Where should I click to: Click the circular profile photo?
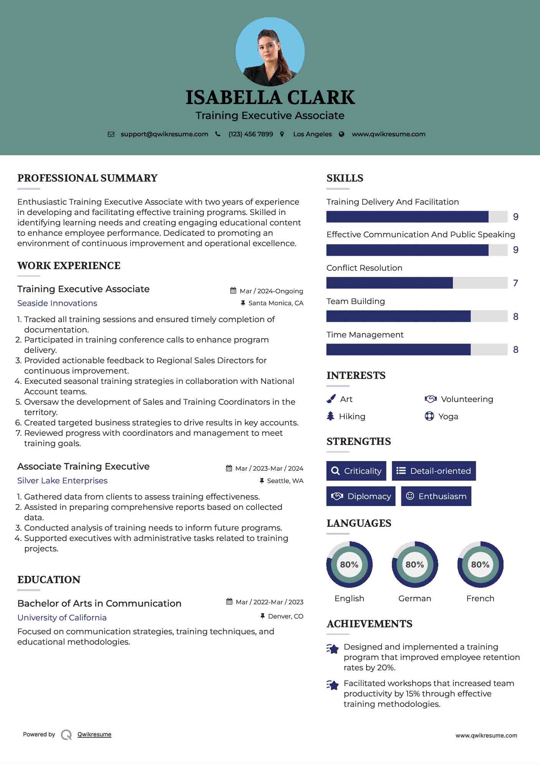[x=270, y=52]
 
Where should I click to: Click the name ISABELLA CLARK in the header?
[x=270, y=98]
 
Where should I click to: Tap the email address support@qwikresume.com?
[x=164, y=134]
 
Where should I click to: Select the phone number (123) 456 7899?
[x=251, y=134]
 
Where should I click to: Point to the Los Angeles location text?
[x=312, y=134]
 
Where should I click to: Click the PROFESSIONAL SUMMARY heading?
[x=88, y=178]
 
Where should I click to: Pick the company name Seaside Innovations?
[x=57, y=303]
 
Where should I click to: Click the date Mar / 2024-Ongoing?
[x=271, y=291]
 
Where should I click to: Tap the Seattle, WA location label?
[x=285, y=481]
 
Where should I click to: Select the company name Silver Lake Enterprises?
[x=62, y=481]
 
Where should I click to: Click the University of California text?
[x=62, y=618]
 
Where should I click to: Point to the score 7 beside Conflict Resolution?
[x=515, y=283]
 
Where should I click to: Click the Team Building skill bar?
[x=416, y=316]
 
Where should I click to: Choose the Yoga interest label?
[x=448, y=417]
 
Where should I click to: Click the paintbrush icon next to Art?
[x=331, y=399]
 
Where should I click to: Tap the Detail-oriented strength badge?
[x=434, y=471]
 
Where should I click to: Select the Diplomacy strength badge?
[x=361, y=496]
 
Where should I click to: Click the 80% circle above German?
[x=414, y=565]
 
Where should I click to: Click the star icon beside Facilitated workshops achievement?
[x=333, y=685]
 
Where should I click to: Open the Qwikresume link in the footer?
[x=94, y=734]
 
